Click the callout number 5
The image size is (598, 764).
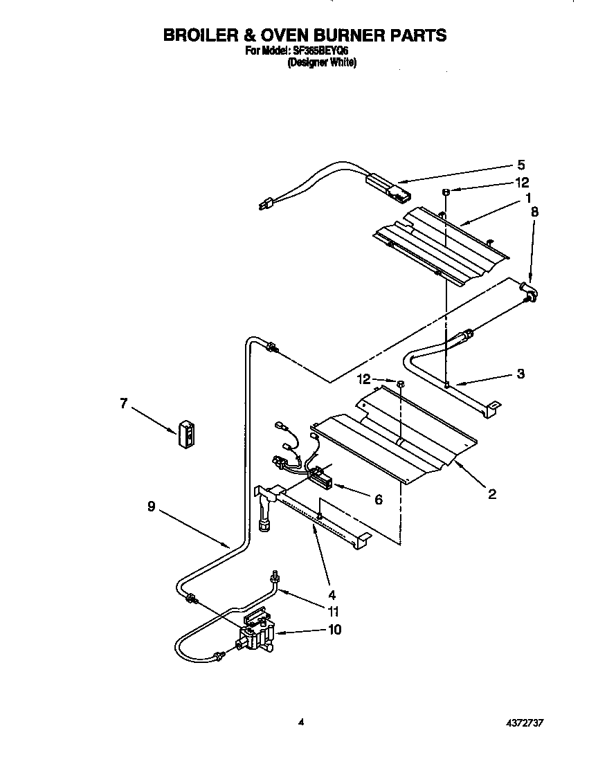[x=521, y=165]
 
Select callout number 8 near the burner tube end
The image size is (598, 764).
[x=534, y=212]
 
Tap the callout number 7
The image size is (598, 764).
[x=124, y=403]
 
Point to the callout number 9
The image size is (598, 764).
[x=152, y=507]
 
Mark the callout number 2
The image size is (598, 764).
[x=491, y=494]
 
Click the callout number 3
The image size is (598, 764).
[x=520, y=374]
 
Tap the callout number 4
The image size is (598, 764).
[x=332, y=594]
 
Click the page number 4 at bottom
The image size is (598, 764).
[x=300, y=722]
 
